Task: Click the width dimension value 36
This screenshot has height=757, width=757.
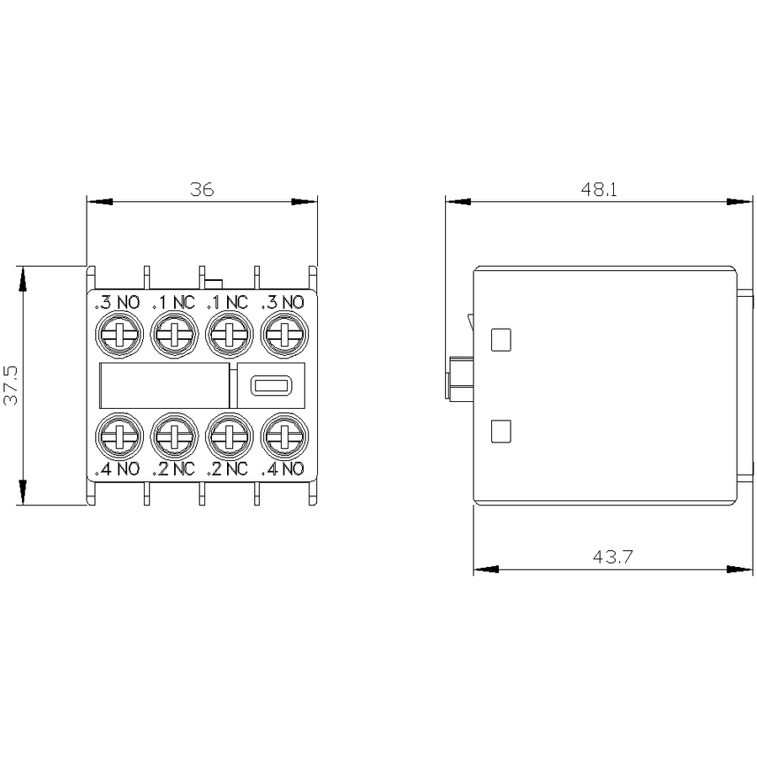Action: [x=202, y=189]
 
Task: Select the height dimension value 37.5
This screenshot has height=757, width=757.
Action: [x=11, y=385]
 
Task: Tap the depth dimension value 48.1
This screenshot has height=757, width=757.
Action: [x=599, y=189]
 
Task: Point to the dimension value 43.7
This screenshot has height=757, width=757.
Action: [x=612, y=557]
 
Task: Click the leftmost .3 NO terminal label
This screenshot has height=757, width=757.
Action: [x=117, y=302]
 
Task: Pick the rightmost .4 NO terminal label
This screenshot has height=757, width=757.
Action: [x=283, y=468]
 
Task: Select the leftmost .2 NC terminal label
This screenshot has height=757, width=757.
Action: [x=173, y=468]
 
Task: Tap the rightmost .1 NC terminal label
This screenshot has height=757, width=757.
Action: [x=227, y=302]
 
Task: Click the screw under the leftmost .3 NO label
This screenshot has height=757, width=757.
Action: [x=119, y=335]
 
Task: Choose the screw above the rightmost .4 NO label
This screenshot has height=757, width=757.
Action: [x=284, y=437]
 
